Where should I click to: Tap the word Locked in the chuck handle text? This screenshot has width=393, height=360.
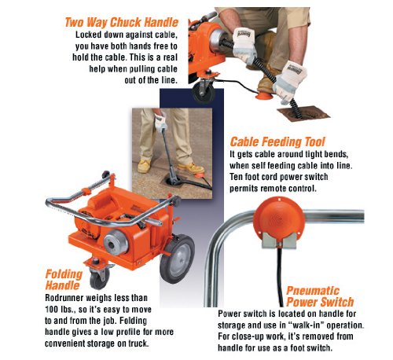(x=90, y=36)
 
